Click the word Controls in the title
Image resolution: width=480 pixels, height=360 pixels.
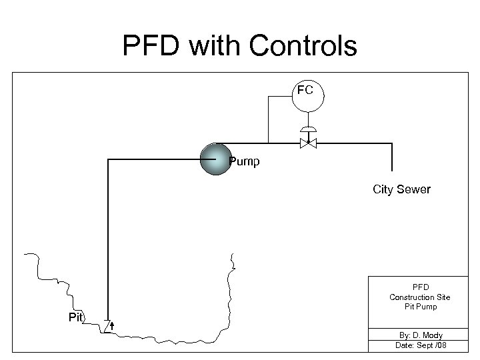tap(303, 46)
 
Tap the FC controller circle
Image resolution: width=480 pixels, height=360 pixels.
tap(307, 97)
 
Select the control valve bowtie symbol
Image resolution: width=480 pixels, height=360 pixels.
tap(308, 143)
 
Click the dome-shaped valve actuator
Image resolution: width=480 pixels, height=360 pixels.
tap(308, 129)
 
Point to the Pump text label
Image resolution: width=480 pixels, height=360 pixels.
tap(244, 161)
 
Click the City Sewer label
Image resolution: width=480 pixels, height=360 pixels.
tap(401, 189)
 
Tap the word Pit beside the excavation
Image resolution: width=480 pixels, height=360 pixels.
tap(76, 317)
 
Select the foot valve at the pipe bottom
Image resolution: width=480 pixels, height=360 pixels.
tap(108, 325)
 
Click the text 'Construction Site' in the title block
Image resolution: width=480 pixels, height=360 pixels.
tap(419, 297)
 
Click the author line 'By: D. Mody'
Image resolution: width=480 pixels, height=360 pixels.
tap(419, 335)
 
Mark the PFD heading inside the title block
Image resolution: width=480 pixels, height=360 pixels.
tap(419, 287)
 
